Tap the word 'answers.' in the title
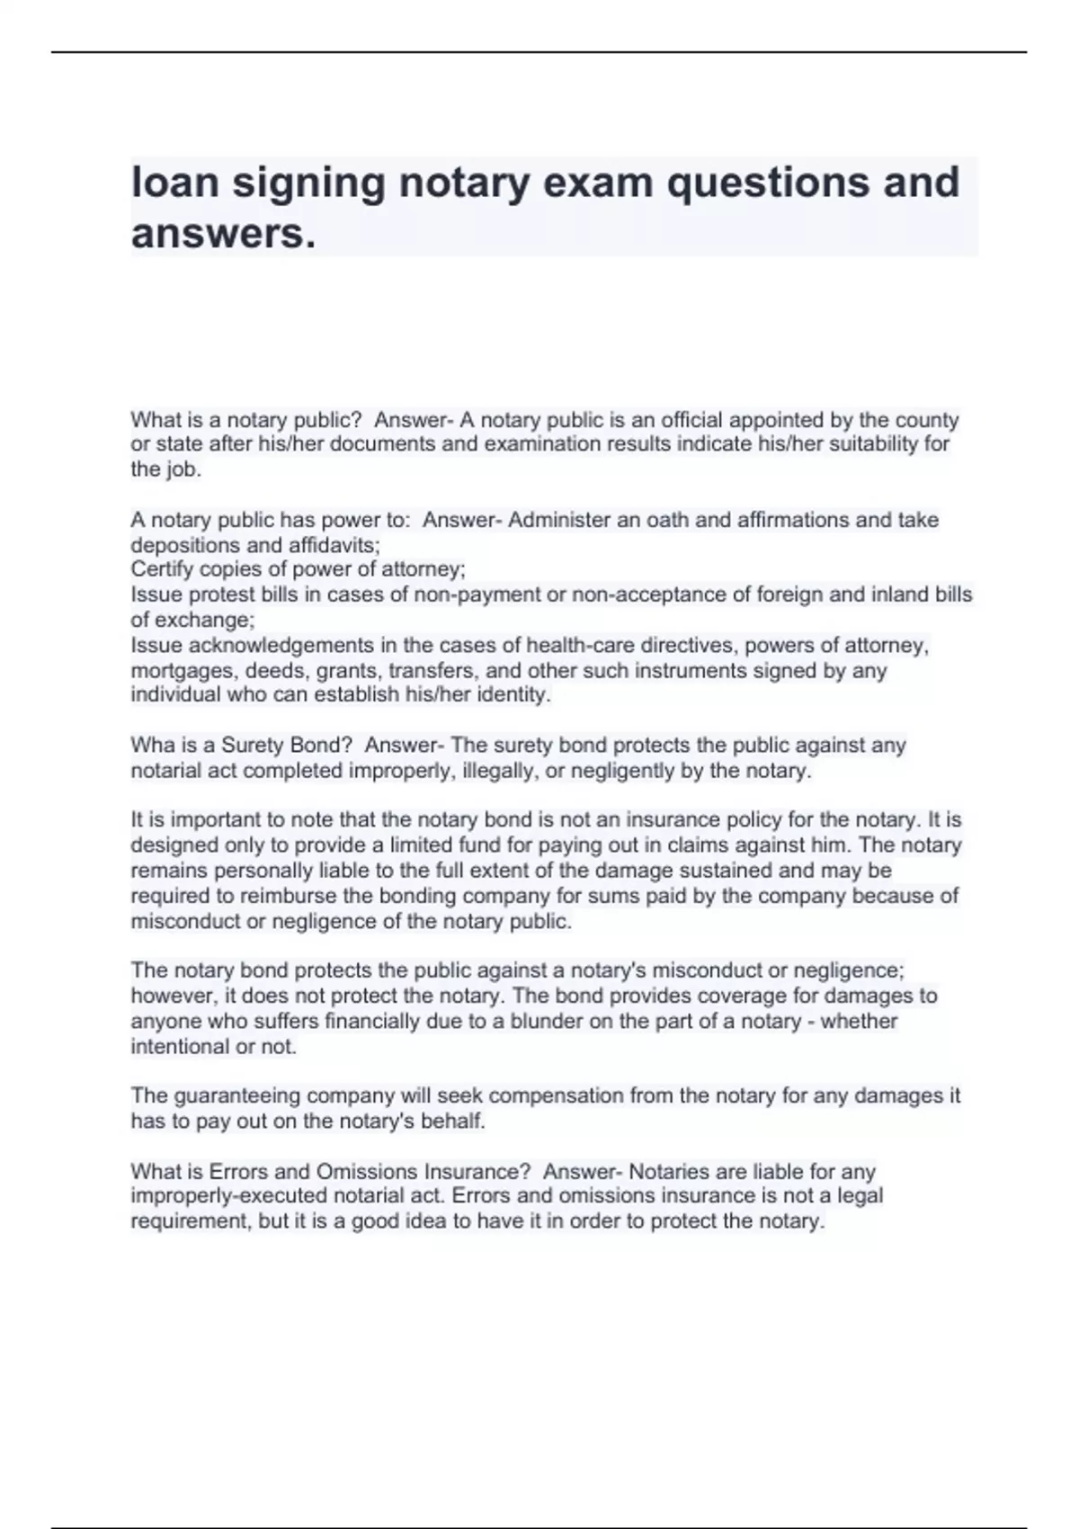[224, 234]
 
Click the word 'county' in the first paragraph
[928, 420]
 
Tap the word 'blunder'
[522, 1022]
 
